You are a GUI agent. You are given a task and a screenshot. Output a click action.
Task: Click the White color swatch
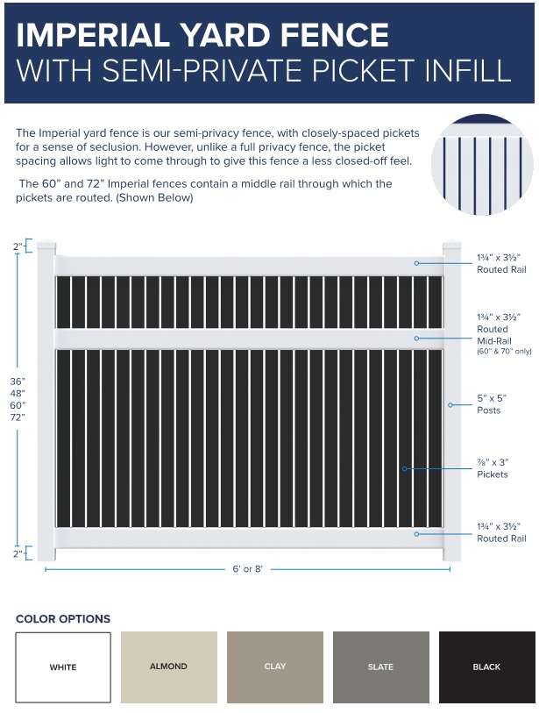point(63,667)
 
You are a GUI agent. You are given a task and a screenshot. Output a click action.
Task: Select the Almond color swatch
point(168,667)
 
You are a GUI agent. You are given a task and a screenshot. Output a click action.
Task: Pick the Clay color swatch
point(274,667)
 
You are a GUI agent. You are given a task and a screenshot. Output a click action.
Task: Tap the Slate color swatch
point(380,667)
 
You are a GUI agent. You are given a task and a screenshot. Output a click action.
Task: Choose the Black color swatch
point(486,667)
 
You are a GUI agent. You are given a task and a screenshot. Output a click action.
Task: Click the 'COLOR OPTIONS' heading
point(63,619)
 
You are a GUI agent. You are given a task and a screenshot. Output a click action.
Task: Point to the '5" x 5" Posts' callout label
point(489,404)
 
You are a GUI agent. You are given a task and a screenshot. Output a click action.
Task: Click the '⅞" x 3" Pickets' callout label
point(493,468)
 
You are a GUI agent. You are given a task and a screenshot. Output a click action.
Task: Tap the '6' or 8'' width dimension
point(247,569)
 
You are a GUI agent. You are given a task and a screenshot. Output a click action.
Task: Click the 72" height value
point(18,417)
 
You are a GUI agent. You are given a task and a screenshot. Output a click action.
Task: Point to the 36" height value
point(18,381)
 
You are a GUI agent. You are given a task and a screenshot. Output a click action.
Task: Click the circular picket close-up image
point(482,165)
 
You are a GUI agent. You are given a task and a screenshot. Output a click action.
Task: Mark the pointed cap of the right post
point(452,245)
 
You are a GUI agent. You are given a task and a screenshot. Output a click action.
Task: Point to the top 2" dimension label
point(18,246)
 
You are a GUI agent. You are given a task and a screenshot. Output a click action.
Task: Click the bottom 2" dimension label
point(18,553)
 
